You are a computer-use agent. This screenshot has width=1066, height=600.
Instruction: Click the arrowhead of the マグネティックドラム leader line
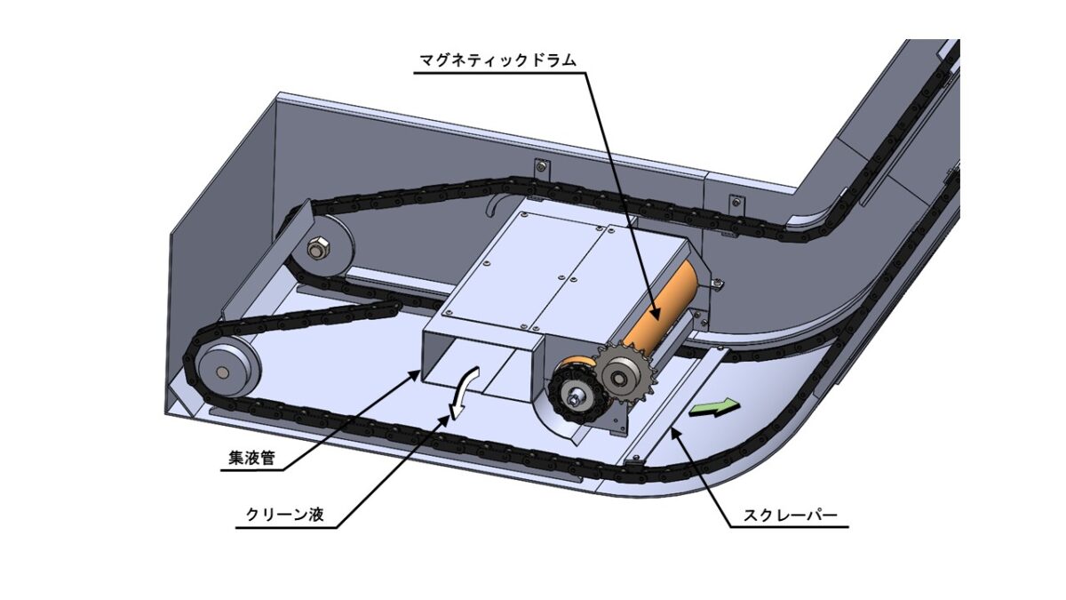(654, 316)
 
